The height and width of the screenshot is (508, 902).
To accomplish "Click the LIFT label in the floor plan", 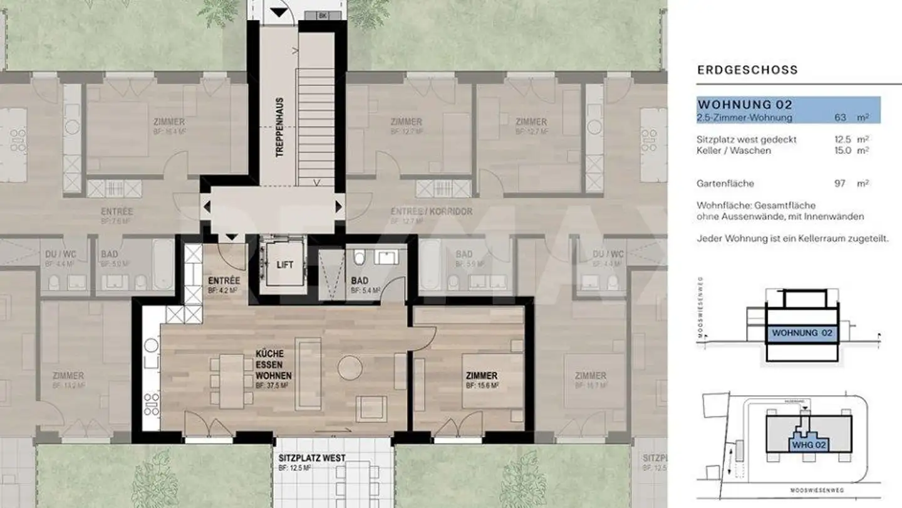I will (x=284, y=265).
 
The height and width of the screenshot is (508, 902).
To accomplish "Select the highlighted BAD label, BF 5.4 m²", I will (x=359, y=280).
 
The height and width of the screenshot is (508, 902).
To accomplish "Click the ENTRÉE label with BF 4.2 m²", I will (x=222, y=280).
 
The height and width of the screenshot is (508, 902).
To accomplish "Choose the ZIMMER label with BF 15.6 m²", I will (x=481, y=376).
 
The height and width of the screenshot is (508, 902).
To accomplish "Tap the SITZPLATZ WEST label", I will (x=312, y=458).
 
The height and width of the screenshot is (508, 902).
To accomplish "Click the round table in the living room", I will (x=350, y=368).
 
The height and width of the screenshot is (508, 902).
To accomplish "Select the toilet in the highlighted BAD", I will (x=360, y=258).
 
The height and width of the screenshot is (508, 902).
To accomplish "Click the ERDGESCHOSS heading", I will (x=747, y=70).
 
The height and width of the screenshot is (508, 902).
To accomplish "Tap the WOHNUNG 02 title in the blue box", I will (x=745, y=104).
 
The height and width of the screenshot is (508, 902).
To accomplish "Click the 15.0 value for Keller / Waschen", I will (x=842, y=151).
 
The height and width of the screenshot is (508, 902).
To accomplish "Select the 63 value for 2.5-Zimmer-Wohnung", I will (x=841, y=118).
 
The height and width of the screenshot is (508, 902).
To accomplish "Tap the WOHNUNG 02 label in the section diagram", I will (x=802, y=333).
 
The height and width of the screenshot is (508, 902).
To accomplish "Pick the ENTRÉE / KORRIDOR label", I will (x=431, y=211).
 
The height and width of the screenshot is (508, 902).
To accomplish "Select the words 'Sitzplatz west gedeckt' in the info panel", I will (x=746, y=140).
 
